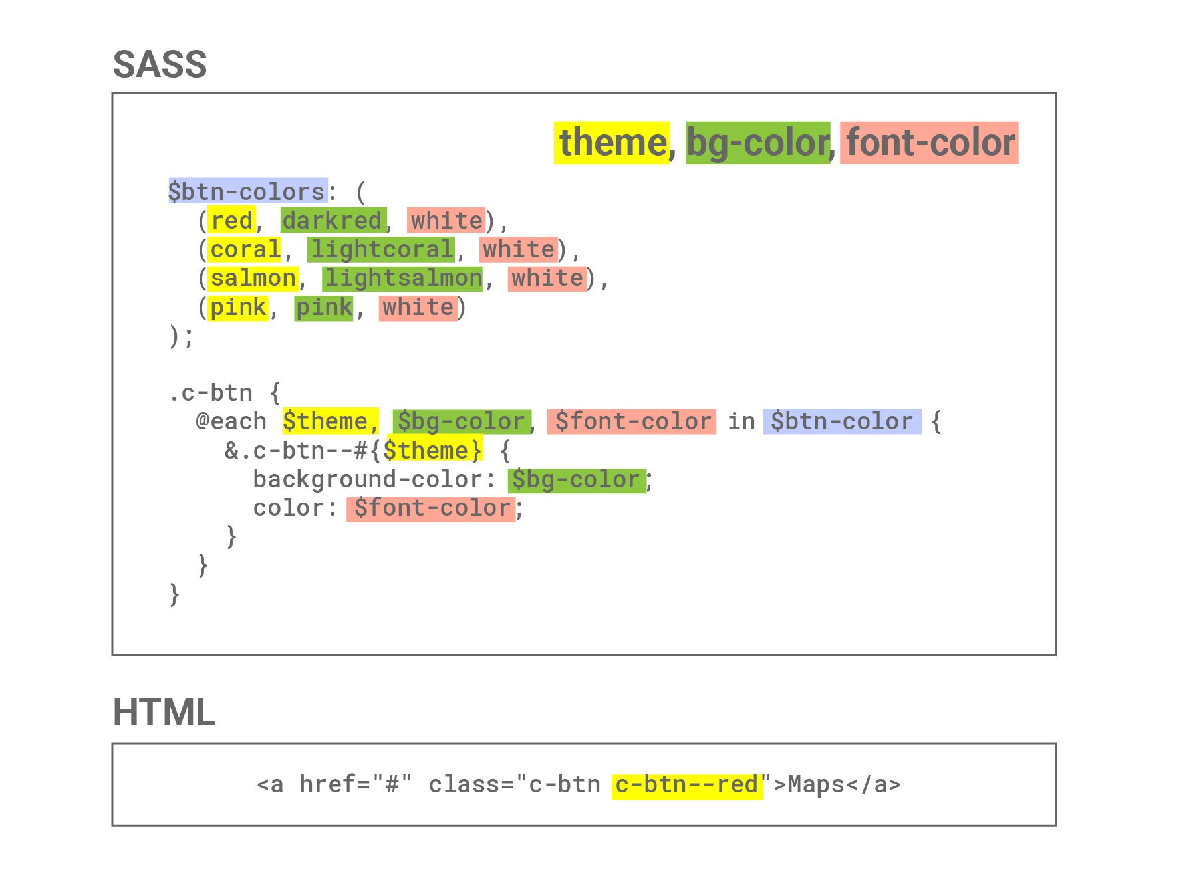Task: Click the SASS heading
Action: point(160,64)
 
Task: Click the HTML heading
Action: point(164,712)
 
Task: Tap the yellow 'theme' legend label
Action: point(612,143)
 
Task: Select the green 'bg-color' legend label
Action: point(757,143)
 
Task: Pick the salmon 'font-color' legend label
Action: point(929,143)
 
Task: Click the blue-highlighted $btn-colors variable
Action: point(247,191)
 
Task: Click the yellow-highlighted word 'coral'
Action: point(244,249)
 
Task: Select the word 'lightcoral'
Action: point(381,249)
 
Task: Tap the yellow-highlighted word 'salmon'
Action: point(253,278)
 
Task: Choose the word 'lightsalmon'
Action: point(402,278)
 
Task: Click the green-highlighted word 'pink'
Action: point(324,307)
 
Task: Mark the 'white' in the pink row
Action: point(418,307)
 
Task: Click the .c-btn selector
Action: point(211,393)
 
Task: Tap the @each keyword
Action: point(231,421)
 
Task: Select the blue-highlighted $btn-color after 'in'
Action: point(841,421)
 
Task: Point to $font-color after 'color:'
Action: point(431,508)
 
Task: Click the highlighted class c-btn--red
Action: point(686,784)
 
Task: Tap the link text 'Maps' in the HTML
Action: point(816,784)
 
